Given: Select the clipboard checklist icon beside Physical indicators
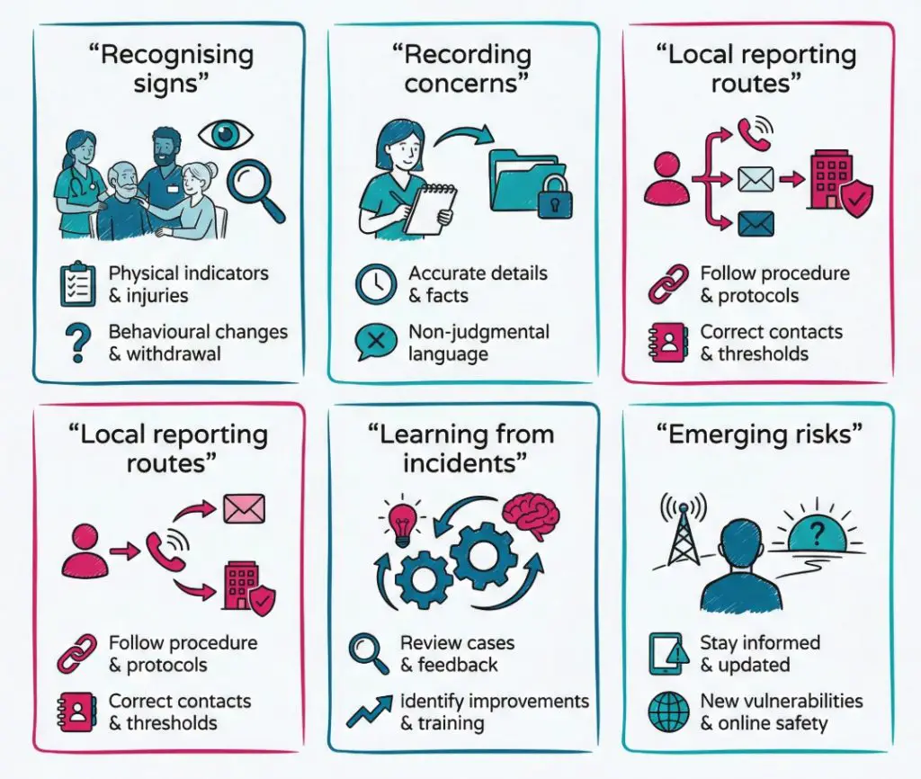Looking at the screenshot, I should pyautogui.click(x=77, y=283).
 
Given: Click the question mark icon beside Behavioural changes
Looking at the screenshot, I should pyautogui.click(x=78, y=342).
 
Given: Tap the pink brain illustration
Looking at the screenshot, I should pyautogui.click(x=531, y=515).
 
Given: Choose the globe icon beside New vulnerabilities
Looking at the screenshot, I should pyautogui.click(x=668, y=712).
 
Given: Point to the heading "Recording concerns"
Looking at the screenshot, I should pyautogui.click(x=464, y=68).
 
